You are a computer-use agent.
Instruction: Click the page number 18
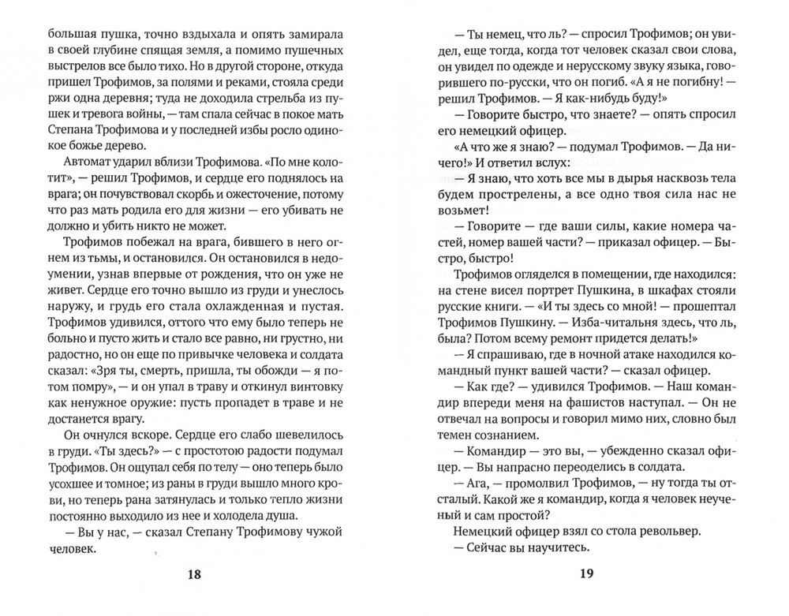tap(194, 574)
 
